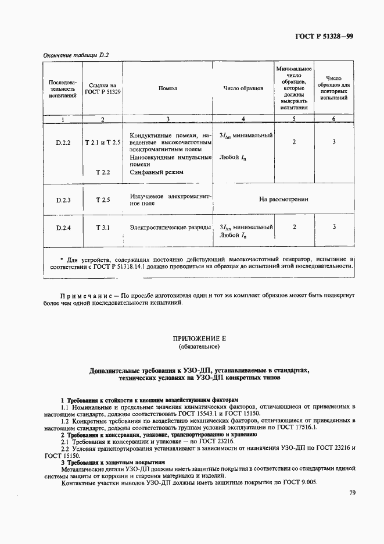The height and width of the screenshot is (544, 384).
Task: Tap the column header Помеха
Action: click(x=167, y=88)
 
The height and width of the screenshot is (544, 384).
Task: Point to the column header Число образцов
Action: click(x=243, y=88)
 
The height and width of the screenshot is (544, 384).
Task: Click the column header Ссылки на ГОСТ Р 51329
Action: click(x=103, y=88)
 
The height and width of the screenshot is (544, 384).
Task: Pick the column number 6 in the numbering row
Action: click(x=333, y=119)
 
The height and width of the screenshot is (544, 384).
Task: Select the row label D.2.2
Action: click(x=63, y=142)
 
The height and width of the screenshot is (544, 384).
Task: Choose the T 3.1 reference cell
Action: click(x=103, y=227)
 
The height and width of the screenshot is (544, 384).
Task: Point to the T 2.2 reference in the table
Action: click(x=103, y=172)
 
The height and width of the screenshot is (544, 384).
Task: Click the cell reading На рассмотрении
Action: click(x=283, y=199)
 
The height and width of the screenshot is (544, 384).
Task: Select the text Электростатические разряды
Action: click(x=170, y=227)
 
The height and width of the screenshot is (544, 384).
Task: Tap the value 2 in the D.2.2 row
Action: click(x=294, y=141)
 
